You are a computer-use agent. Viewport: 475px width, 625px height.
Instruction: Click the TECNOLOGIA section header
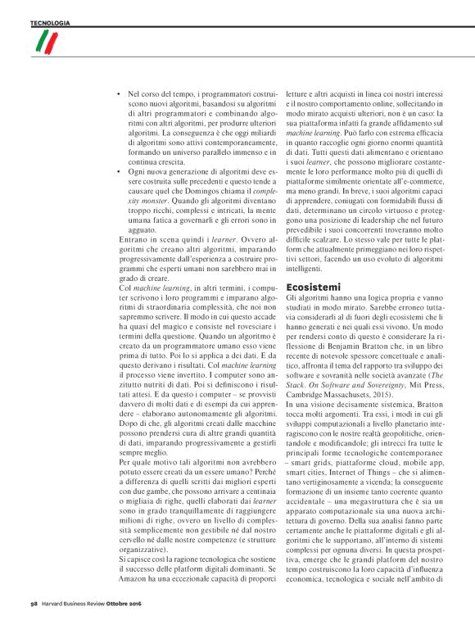pos(50,22)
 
